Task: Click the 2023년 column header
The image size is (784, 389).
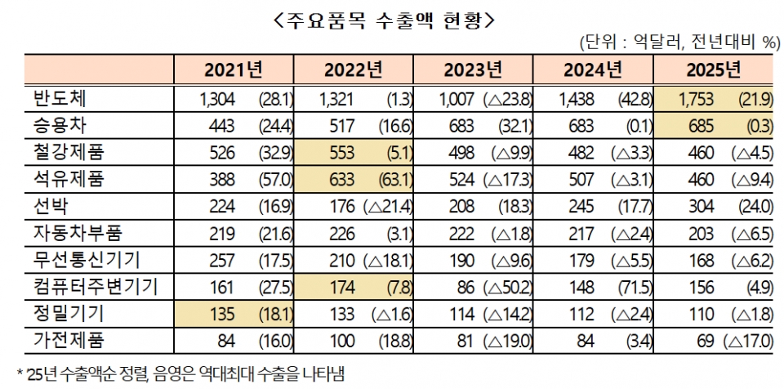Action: [x=474, y=69]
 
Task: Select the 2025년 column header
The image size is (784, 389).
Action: [x=714, y=69]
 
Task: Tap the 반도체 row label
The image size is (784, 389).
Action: [x=58, y=99]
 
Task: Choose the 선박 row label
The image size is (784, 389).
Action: [x=48, y=205]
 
